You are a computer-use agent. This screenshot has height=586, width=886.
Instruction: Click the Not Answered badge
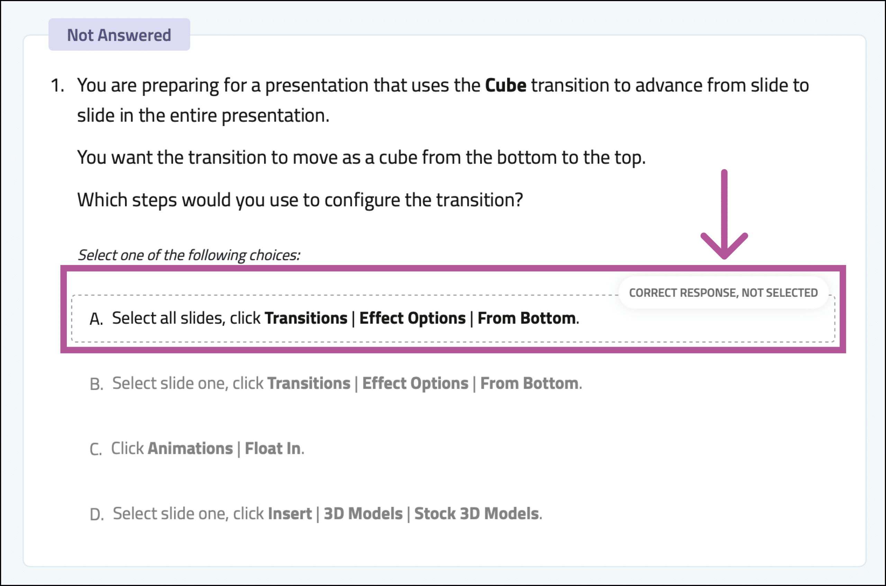pyautogui.click(x=119, y=34)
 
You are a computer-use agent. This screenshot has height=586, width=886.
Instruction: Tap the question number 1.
pyautogui.click(x=57, y=85)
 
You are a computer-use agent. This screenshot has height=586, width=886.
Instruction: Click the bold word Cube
pyautogui.click(x=505, y=85)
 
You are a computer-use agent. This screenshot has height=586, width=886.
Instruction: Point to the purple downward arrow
pyautogui.click(x=724, y=214)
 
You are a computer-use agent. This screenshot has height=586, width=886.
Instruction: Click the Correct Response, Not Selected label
pyautogui.click(x=723, y=293)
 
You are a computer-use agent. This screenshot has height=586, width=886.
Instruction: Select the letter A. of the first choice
pyautogui.click(x=96, y=319)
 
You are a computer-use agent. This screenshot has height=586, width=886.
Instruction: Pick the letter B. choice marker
pyautogui.click(x=97, y=384)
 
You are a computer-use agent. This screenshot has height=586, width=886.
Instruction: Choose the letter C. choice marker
pyautogui.click(x=96, y=449)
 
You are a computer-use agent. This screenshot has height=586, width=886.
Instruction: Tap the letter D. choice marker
pyautogui.click(x=97, y=515)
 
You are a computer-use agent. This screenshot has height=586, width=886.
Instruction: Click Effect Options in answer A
pyautogui.click(x=412, y=318)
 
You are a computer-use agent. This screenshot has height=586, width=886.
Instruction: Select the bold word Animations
pyautogui.click(x=190, y=448)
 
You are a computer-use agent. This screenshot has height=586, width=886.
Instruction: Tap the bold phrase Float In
pyautogui.click(x=272, y=448)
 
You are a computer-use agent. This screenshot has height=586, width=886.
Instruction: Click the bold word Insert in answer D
pyautogui.click(x=290, y=513)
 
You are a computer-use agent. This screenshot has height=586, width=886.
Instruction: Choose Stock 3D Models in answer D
pyautogui.click(x=477, y=513)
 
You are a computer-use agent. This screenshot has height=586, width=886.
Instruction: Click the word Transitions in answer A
pyautogui.click(x=306, y=318)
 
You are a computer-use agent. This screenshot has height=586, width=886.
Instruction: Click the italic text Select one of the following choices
pyautogui.click(x=189, y=255)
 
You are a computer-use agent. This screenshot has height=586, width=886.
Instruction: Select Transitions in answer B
pyautogui.click(x=309, y=383)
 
